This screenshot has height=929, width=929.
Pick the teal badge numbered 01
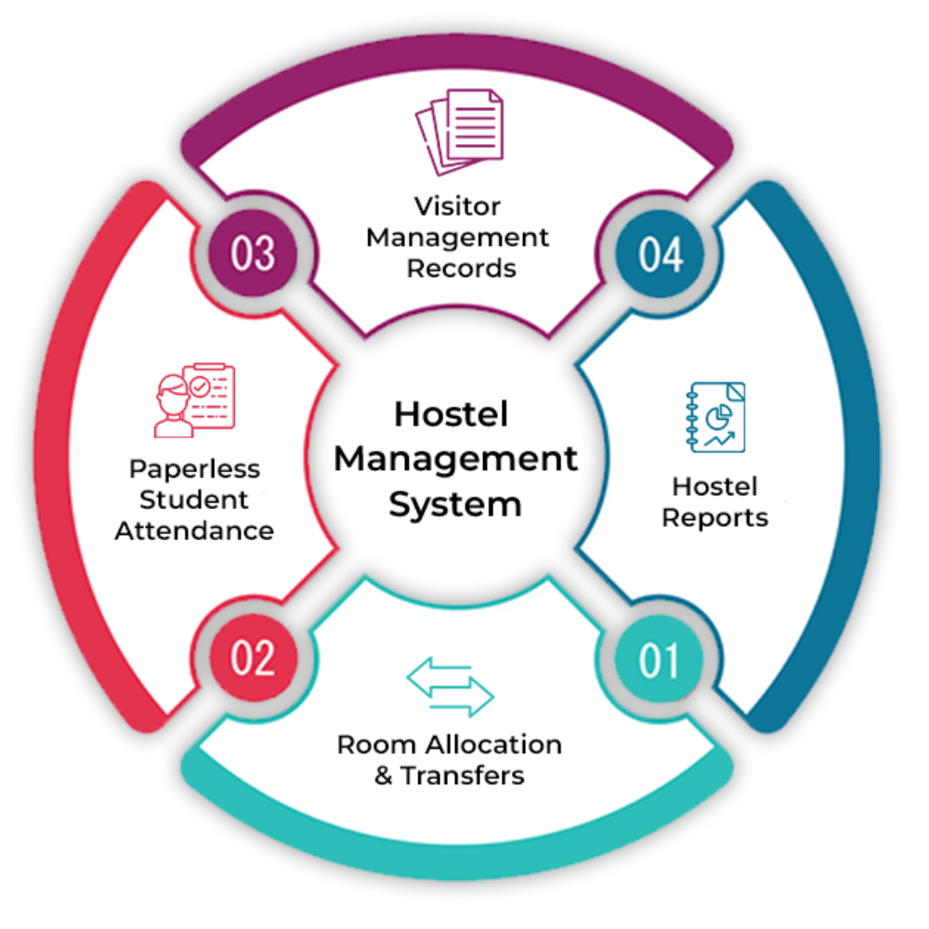[661, 661]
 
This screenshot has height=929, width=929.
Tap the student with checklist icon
[194, 400]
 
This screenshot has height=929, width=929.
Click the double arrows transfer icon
[451, 688]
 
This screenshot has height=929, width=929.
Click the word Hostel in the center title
[451, 414]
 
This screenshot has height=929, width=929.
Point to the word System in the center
[454, 504]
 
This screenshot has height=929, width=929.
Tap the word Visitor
[457, 205]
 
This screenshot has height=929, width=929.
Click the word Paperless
[194, 468]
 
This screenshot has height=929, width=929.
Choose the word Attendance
[194, 531]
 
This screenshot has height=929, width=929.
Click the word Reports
[714, 518]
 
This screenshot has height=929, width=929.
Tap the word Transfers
[463, 776]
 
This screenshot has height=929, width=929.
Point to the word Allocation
[498, 744]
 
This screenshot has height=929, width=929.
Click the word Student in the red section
[194, 500]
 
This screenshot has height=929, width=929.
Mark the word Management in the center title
[455, 459]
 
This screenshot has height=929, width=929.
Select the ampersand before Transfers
[383, 776]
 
